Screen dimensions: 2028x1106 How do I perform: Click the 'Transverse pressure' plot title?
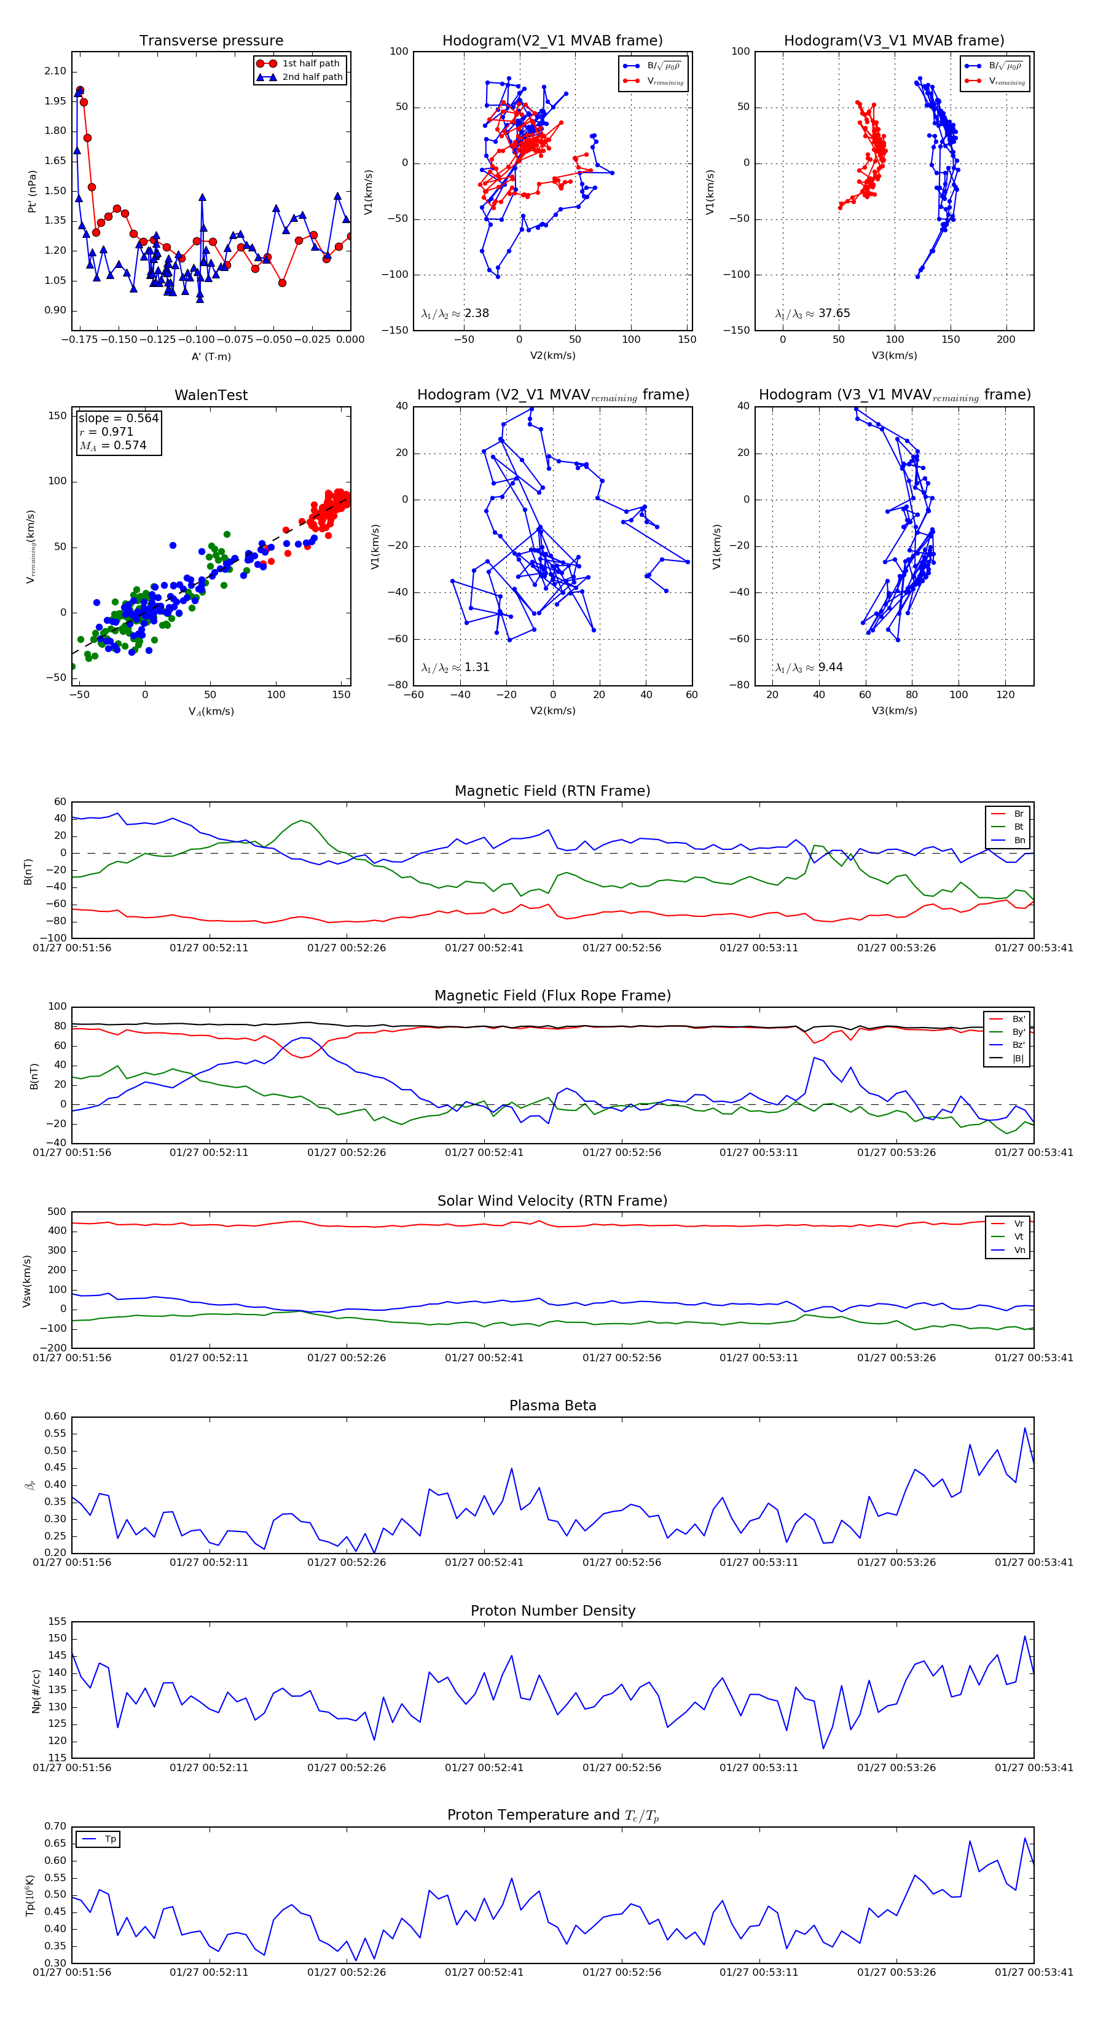[211, 41]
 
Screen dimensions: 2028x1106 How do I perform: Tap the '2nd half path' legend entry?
[312, 77]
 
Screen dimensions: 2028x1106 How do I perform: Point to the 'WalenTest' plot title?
[211, 395]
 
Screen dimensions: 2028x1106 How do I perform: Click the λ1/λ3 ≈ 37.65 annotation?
[812, 313]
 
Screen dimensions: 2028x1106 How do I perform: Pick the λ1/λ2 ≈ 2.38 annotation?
[455, 313]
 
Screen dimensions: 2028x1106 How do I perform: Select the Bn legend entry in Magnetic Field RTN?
[1019, 840]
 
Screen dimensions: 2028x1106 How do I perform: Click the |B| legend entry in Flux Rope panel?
[1018, 1058]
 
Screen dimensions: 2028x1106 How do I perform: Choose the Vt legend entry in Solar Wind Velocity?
[1019, 1237]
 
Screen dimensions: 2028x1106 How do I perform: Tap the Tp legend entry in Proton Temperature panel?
[110, 1839]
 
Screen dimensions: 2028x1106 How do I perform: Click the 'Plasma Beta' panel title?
[552, 1406]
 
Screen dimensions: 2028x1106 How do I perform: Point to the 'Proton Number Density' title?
[552, 1611]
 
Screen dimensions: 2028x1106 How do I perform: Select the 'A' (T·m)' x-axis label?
[211, 356]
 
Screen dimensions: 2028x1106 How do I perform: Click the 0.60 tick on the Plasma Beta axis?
[56, 1417]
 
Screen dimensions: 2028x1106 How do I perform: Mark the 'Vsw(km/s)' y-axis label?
[28, 1281]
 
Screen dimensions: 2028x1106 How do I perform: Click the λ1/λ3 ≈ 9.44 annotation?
[809, 667]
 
